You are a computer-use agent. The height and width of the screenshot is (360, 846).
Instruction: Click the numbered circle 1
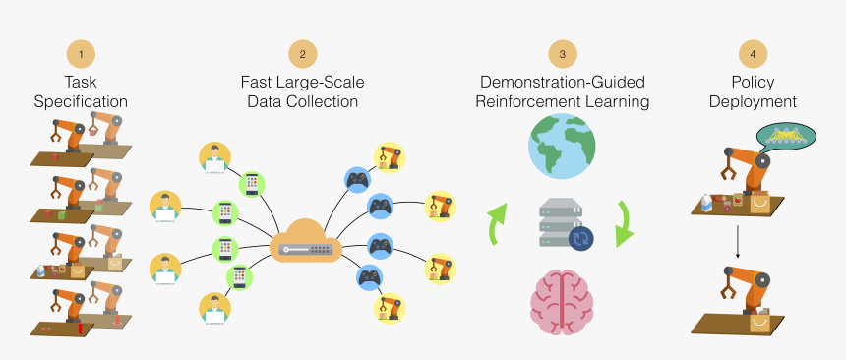click(x=81, y=53)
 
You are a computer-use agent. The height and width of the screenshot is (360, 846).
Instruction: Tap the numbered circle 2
click(x=302, y=53)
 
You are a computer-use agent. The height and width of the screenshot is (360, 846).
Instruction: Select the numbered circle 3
click(x=562, y=53)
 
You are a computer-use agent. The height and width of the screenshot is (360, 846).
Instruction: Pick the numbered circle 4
click(x=753, y=53)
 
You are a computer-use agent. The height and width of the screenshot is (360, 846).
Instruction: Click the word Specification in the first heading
click(x=81, y=101)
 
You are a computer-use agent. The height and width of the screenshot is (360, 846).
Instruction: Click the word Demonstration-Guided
click(x=563, y=81)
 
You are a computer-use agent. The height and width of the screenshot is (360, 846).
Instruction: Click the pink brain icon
click(x=562, y=295)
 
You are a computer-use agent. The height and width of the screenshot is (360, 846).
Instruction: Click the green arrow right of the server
click(x=622, y=223)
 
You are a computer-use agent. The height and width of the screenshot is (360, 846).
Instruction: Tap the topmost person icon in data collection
click(x=213, y=157)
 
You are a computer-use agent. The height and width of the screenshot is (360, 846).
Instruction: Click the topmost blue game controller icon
click(x=355, y=180)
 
